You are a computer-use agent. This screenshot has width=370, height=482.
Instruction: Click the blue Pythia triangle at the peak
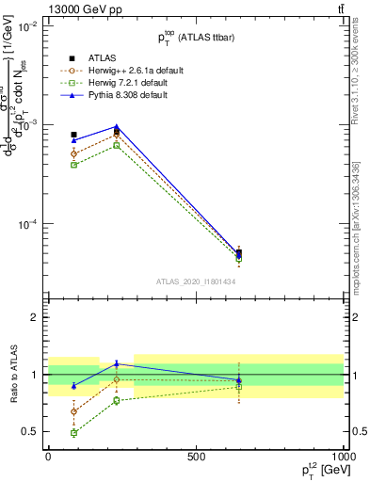(116, 126)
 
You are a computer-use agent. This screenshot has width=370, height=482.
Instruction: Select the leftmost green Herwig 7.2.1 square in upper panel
(74, 165)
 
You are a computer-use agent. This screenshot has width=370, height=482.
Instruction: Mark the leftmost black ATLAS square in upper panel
(74, 135)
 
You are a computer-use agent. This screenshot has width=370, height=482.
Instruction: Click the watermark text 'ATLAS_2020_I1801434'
(195, 281)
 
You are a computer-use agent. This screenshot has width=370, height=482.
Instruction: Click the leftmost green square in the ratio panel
(74, 433)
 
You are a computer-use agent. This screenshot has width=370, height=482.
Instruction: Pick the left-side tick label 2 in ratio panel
(34, 317)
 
